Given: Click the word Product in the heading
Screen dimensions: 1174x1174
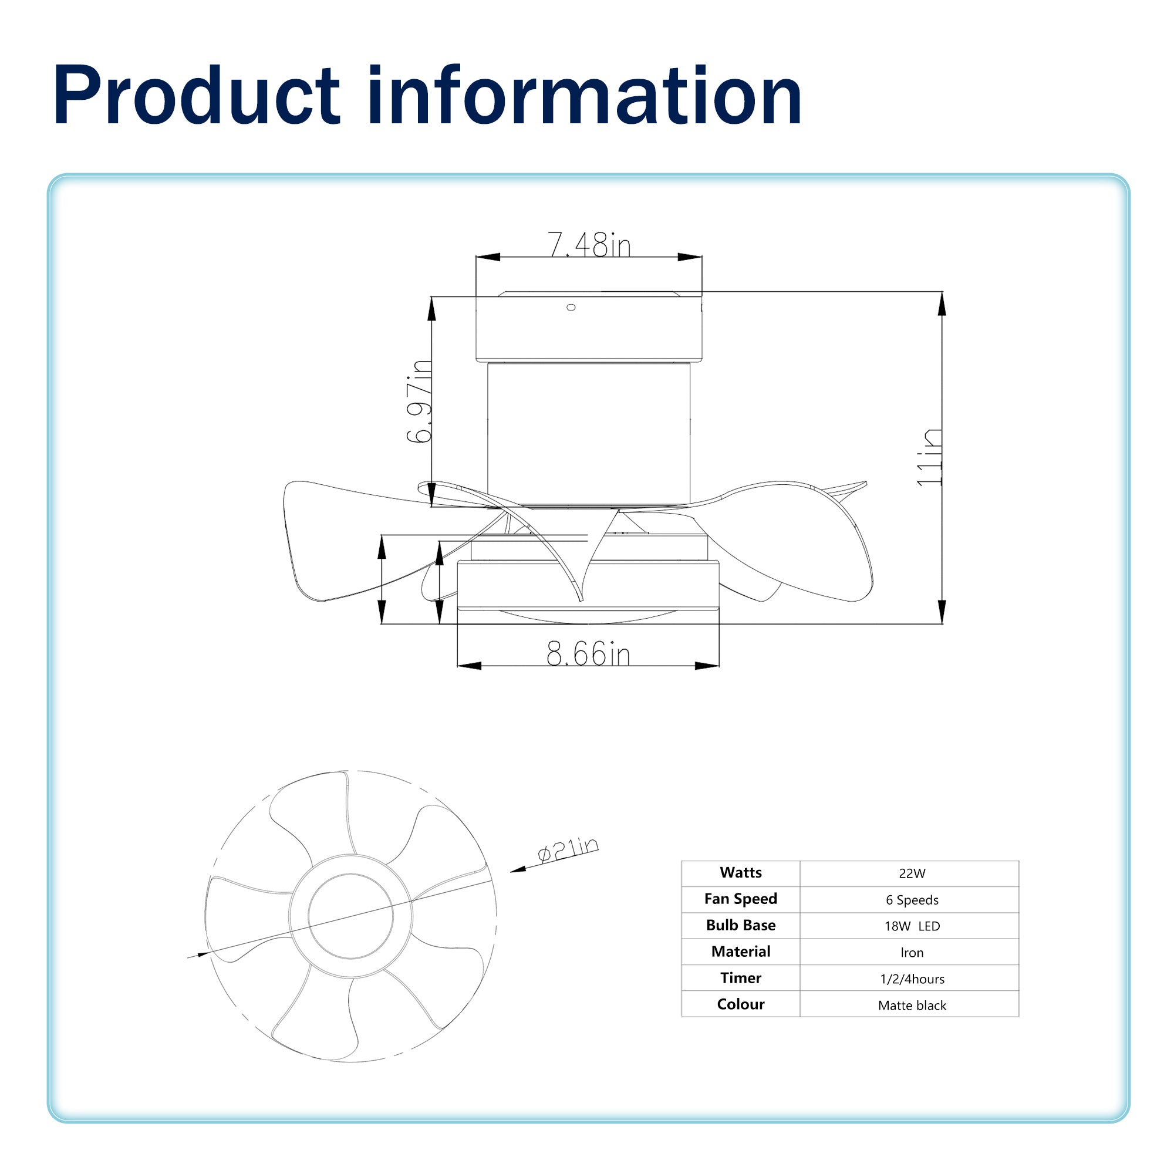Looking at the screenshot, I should pyautogui.click(x=195, y=96).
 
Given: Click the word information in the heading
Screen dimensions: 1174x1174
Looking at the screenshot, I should pyautogui.click(x=584, y=96).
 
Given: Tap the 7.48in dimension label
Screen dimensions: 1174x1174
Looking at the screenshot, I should pyautogui.click(x=589, y=245).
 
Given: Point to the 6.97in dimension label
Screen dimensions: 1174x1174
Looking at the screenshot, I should pyautogui.click(x=419, y=402).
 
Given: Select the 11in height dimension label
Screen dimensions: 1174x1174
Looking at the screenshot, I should pyautogui.click(x=929, y=458).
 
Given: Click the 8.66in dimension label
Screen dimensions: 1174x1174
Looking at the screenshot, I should pyautogui.click(x=588, y=655).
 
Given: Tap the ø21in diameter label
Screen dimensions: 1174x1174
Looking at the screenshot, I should pyautogui.click(x=568, y=849).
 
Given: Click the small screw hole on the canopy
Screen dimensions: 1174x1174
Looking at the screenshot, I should pyautogui.click(x=571, y=308).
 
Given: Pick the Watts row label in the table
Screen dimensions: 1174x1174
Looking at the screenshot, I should pyautogui.click(x=740, y=873).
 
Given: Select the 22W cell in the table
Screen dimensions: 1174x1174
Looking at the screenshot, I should pyautogui.click(x=912, y=874).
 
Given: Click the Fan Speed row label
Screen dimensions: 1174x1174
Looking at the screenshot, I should pyautogui.click(x=740, y=899).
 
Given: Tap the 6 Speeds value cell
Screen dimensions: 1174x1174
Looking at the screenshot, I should pyautogui.click(x=912, y=900).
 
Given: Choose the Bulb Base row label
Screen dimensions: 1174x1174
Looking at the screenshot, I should pyautogui.click(x=740, y=925).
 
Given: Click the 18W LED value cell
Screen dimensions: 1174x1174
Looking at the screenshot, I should pyautogui.click(x=912, y=926).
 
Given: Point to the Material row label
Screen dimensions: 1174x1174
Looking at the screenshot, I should pyautogui.click(x=740, y=952).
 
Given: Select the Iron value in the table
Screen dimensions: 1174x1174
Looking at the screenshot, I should pyautogui.click(x=912, y=953).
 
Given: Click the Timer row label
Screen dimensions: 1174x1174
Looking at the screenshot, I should pyautogui.click(x=740, y=978).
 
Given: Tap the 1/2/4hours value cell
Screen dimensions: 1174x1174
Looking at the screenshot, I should pyautogui.click(x=912, y=979).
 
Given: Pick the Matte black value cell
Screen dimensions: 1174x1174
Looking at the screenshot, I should pyautogui.click(x=912, y=1005).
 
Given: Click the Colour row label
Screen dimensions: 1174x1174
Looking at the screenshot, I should pyautogui.click(x=740, y=1004).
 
